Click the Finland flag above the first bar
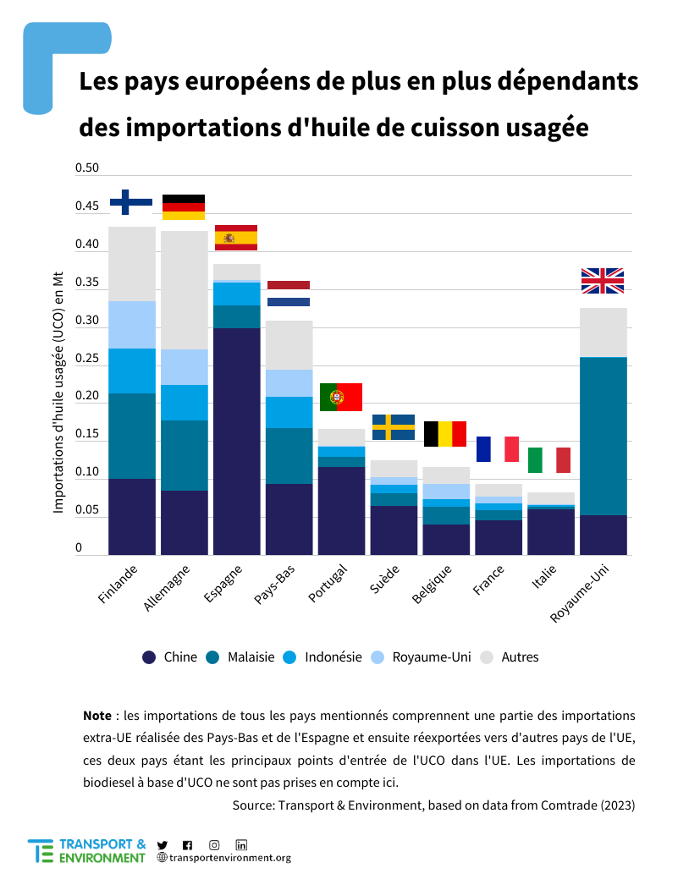tap(131, 201)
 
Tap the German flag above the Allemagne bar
tap(184, 207)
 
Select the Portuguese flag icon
tap(340, 397)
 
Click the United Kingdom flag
tap(602, 281)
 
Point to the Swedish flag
tap(393, 427)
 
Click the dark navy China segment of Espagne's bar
tap(236, 440)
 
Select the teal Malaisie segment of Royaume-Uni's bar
tap(602, 436)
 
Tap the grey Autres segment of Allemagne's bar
tap(184, 289)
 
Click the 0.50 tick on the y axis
tap(87, 168)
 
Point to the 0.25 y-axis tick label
tap(87, 359)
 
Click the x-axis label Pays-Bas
tap(274, 586)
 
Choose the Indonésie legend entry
tap(322, 657)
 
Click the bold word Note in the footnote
tap(97, 716)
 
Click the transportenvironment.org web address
tap(229, 858)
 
